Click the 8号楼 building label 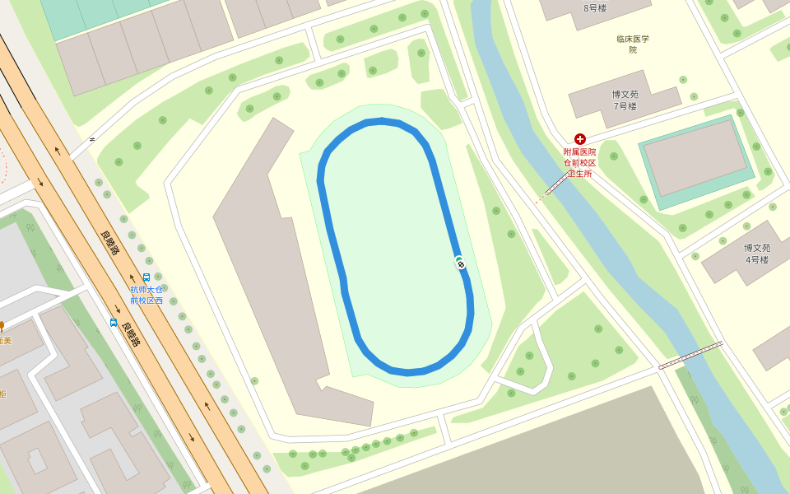tap(594, 8)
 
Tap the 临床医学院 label tap(633, 44)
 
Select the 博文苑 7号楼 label tap(625, 100)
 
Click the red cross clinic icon tap(580, 139)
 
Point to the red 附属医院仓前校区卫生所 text tap(579, 162)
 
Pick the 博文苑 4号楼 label tap(757, 254)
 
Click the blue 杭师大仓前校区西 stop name tap(146, 295)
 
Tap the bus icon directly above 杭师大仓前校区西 tap(146, 277)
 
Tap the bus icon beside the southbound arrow tap(114, 322)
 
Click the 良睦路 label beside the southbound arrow tap(129, 333)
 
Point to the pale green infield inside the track tap(395, 247)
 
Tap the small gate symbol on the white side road tap(91, 139)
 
